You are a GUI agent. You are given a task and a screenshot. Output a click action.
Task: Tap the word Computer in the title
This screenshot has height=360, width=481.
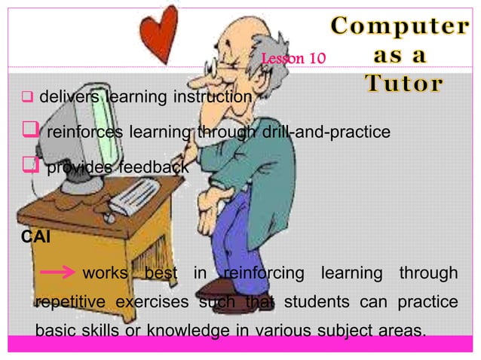(x=397, y=26)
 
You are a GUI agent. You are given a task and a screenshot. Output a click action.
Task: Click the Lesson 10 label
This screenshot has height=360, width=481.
(x=293, y=58)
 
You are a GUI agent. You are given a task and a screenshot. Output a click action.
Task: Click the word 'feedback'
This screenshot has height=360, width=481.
(x=154, y=168)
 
